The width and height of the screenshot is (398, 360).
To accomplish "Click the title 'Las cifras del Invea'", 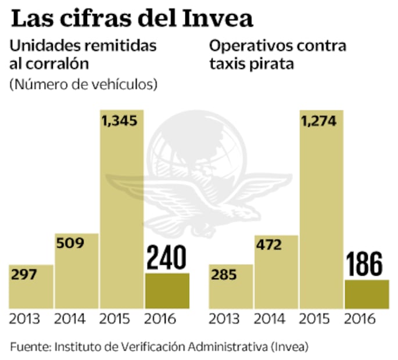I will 132,19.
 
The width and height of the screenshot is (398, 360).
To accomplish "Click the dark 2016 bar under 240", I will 167,290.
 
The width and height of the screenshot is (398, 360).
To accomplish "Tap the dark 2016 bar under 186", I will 367,294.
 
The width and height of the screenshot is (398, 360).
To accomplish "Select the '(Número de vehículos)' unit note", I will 84,85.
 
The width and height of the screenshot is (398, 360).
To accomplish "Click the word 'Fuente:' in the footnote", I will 30,346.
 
